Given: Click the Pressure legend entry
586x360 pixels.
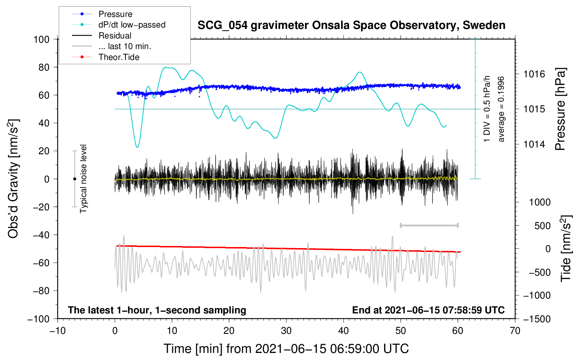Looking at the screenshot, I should [115, 14].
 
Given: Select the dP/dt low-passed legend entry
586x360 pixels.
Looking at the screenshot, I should [132, 25].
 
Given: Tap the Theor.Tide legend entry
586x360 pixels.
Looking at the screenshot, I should [119, 57].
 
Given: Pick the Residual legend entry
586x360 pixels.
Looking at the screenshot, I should [115, 36].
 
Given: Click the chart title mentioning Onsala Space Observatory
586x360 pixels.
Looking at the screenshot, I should [351, 25].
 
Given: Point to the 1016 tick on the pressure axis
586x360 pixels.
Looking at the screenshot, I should [534, 74].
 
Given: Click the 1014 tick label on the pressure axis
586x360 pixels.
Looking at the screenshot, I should [534, 144].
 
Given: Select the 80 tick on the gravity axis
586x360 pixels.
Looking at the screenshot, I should [44, 67].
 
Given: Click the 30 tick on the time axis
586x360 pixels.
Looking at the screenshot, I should [286, 331].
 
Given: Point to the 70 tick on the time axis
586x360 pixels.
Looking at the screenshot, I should [515, 331].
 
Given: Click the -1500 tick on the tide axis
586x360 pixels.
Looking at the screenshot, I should [537, 319].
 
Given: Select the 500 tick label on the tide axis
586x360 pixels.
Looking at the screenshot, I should [542, 226].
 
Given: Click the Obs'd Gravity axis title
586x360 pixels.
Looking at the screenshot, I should [13, 179].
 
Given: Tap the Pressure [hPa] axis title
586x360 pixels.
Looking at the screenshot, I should [560, 109].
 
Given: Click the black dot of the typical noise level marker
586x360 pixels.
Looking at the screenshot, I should [74, 179].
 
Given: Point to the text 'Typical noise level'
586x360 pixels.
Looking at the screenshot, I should [83, 179].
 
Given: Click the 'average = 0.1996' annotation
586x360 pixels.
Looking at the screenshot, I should [501, 109].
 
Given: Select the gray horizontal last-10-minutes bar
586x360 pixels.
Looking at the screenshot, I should [429, 226].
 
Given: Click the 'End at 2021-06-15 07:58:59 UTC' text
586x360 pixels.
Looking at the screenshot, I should [428, 310].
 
